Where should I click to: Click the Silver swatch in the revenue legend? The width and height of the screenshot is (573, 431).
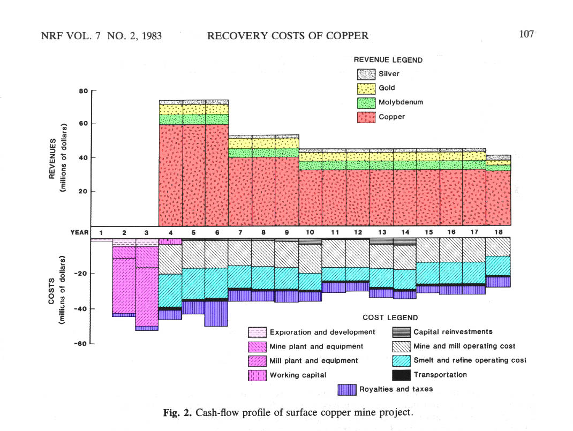tap(366, 74)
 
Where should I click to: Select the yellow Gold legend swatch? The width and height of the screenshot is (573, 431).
tap(366, 88)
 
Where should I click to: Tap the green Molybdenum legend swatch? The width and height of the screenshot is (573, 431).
tap(366, 103)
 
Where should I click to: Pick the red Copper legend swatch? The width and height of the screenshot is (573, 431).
tap(366, 117)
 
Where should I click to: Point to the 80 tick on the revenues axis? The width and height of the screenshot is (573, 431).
tap(84, 91)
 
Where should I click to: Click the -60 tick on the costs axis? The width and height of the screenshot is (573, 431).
tap(81, 343)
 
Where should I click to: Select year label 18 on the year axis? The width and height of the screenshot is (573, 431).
tap(499, 232)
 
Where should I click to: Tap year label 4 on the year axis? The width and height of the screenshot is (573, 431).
tap(170, 232)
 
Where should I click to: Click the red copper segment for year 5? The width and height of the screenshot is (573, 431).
tap(194, 175)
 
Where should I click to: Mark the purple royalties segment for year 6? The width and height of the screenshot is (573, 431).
tap(216, 314)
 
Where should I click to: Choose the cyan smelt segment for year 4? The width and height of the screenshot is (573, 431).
tap(170, 290)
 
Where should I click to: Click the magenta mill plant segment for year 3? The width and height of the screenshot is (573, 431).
tap(147, 297)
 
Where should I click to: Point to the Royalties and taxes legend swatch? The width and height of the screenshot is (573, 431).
tap(347, 390)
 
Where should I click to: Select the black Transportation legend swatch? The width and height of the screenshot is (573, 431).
tap(401, 375)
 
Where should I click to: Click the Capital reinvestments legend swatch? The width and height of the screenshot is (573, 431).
tap(401, 332)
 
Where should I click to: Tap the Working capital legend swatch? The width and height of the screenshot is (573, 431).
tap(257, 375)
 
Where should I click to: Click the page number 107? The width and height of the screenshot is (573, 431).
tap(526, 34)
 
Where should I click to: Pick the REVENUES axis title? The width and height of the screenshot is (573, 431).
tap(52, 158)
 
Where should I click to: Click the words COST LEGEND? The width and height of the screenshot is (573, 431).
tap(390, 318)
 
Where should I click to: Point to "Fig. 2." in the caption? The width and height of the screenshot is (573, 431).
tap(177, 413)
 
